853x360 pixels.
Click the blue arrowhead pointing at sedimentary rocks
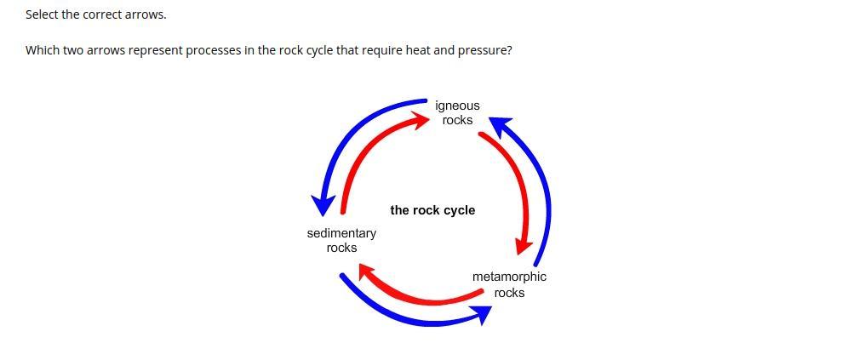(x=323, y=204)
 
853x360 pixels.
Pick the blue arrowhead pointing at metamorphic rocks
(x=482, y=315)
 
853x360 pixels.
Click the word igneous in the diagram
(x=457, y=106)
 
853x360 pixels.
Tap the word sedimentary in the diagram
(x=341, y=233)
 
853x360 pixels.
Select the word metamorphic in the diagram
(x=509, y=277)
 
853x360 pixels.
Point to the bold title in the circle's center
(x=432, y=210)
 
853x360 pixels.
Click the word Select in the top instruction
(x=42, y=14)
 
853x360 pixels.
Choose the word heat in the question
(x=417, y=50)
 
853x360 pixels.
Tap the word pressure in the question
(x=484, y=50)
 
